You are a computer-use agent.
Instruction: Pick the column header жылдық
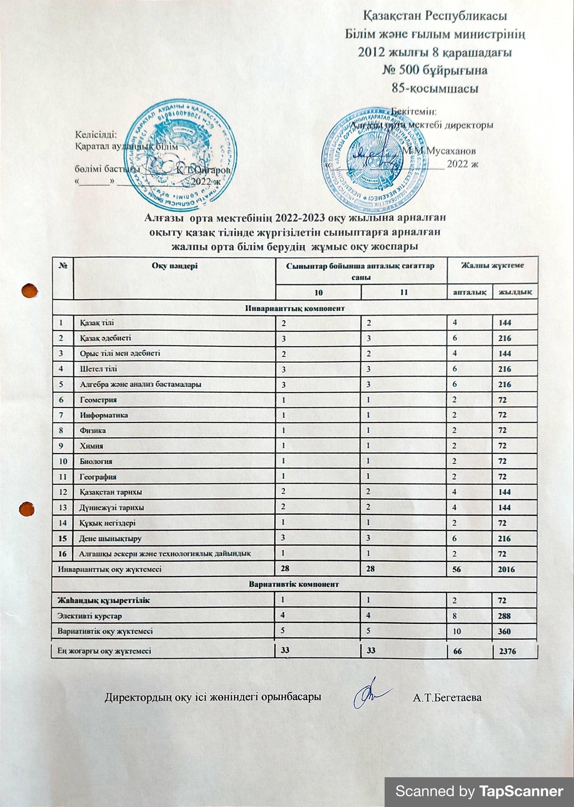515,292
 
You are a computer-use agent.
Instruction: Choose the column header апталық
469,292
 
